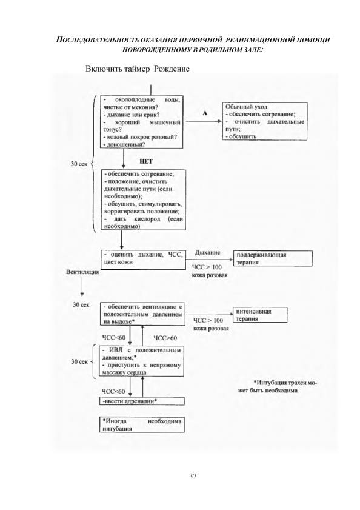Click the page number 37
[x=193, y=476]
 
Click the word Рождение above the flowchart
[x=172, y=69]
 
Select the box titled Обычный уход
[x=265, y=121]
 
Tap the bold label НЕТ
[x=145, y=161]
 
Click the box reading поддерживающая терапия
[x=273, y=258]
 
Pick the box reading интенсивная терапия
[x=260, y=315]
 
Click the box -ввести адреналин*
[x=142, y=401]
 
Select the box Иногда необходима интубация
[x=142, y=424]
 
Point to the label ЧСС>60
[x=165, y=338]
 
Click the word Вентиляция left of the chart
[x=82, y=272]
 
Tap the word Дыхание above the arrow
[x=207, y=252]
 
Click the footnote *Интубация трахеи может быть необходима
[x=278, y=386]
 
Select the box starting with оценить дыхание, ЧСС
[x=143, y=260]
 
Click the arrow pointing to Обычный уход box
[x=203, y=121]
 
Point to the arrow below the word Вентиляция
[x=82, y=287]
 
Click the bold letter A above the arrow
[x=205, y=113]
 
